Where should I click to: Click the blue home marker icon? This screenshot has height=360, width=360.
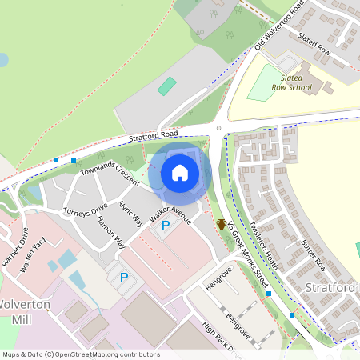pos(179,172)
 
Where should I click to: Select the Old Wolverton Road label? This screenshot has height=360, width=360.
pos(279,26)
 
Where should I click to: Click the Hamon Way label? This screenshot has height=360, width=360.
pos(111,233)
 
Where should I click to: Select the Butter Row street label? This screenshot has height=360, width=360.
pos(310,252)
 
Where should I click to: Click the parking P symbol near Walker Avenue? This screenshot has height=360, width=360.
pos(166,227)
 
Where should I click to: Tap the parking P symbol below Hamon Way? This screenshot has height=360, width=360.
pos(123,278)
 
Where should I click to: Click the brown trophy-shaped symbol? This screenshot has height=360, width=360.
pos(222,225)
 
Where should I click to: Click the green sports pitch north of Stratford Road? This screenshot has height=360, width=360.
pos(166,86)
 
